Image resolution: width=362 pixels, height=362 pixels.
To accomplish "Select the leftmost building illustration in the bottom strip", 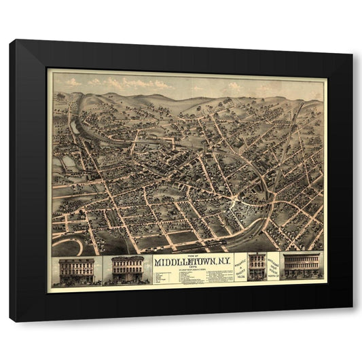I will click(x=76, y=270).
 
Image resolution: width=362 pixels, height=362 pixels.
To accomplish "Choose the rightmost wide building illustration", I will click(x=302, y=266).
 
